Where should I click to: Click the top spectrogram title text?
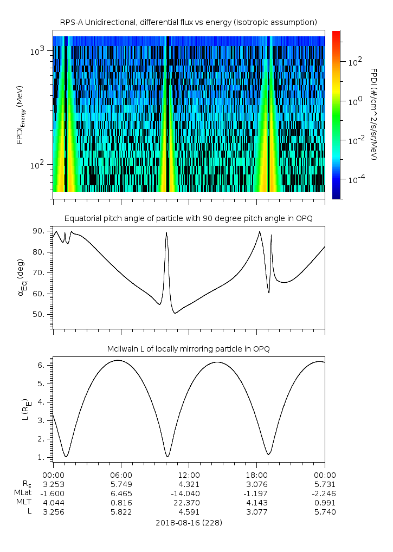tap(188, 22)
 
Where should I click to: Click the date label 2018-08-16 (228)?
tap(189, 523)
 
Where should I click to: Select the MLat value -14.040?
tap(189, 492)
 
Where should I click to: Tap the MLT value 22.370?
tap(189, 502)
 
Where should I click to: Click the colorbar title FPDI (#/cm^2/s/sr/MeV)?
tap(374, 114)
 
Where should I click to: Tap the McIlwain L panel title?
tap(188, 349)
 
